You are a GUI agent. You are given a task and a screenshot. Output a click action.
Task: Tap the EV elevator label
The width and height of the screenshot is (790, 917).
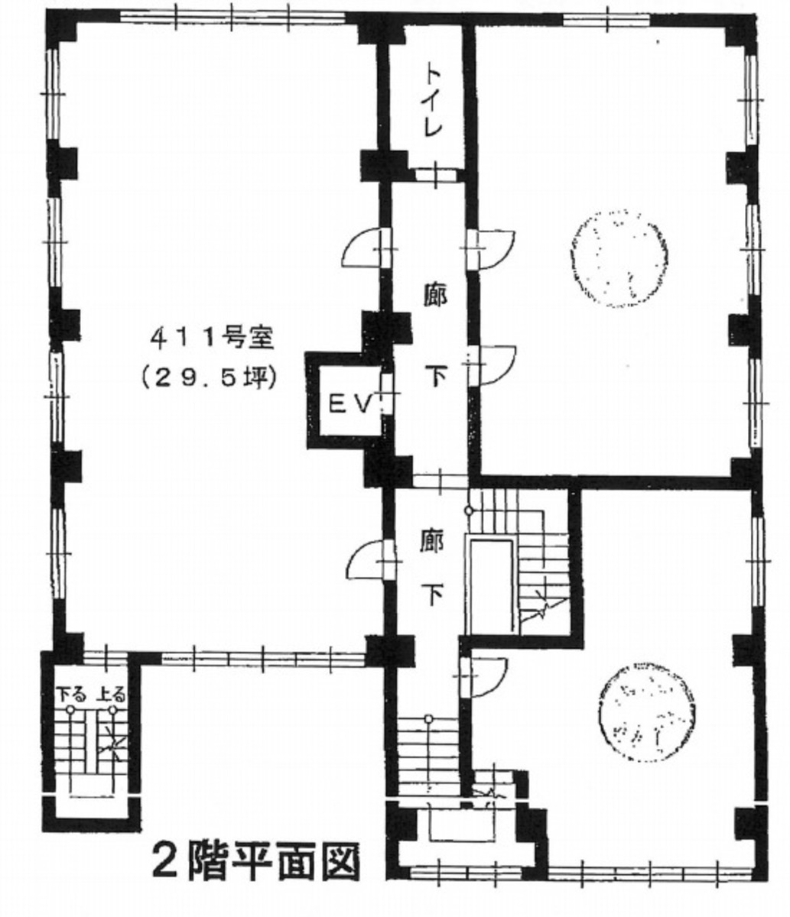pyautogui.click(x=350, y=403)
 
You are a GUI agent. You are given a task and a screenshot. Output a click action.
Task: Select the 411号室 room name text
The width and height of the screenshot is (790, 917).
pyautogui.click(x=218, y=336)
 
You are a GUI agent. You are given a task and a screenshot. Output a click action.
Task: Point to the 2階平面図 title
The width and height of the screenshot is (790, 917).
pyautogui.click(x=256, y=862)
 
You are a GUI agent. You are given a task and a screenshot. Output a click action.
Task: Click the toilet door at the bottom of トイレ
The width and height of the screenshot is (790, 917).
pyautogui.click(x=434, y=174)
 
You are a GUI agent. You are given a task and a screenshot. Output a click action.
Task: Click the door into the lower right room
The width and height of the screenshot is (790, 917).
pyautogui.click(x=483, y=676)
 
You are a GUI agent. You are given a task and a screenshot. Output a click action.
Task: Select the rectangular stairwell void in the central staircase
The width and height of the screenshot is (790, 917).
pyautogui.click(x=492, y=584)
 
